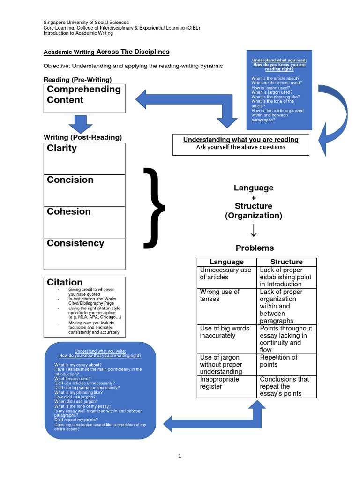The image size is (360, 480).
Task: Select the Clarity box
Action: pos(84,158)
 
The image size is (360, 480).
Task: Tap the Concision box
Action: pos(84,190)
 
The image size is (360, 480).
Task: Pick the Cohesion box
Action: pos(84,222)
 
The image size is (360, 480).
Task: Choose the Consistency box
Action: pos(84,253)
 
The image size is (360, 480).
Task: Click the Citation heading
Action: pos(65,282)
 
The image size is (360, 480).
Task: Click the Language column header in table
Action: pos(226,262)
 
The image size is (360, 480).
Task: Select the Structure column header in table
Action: pos(286,262)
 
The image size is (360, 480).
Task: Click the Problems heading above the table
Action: pos(254,248)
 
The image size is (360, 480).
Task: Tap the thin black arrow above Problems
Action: pos(254,231)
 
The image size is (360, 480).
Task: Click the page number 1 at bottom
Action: pos(180,456)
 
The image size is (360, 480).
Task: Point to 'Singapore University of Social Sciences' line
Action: pos(86,22)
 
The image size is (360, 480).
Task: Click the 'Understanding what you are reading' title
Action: pos(240,140)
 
